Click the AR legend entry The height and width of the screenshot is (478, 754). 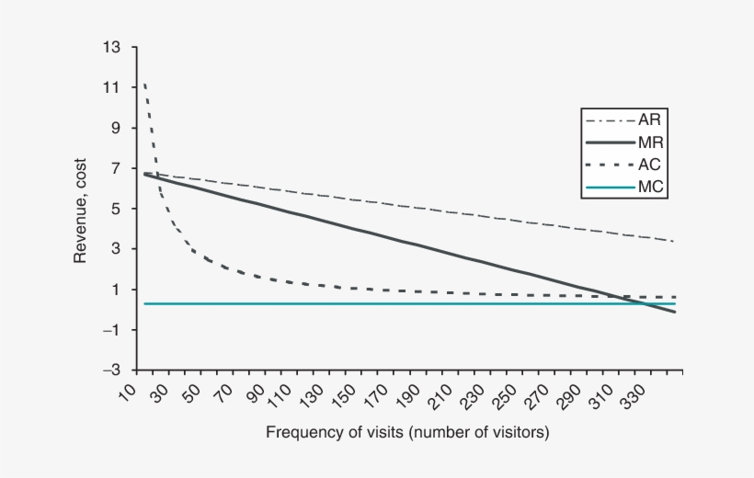coord(647,120)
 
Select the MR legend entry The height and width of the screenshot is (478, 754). coord(647,142)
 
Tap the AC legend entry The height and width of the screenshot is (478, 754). coord(647,165)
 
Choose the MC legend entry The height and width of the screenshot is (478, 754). coord(647,187)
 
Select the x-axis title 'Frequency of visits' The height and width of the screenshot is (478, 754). coord(407,431)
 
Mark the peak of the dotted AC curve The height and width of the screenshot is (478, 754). coord(144,85)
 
